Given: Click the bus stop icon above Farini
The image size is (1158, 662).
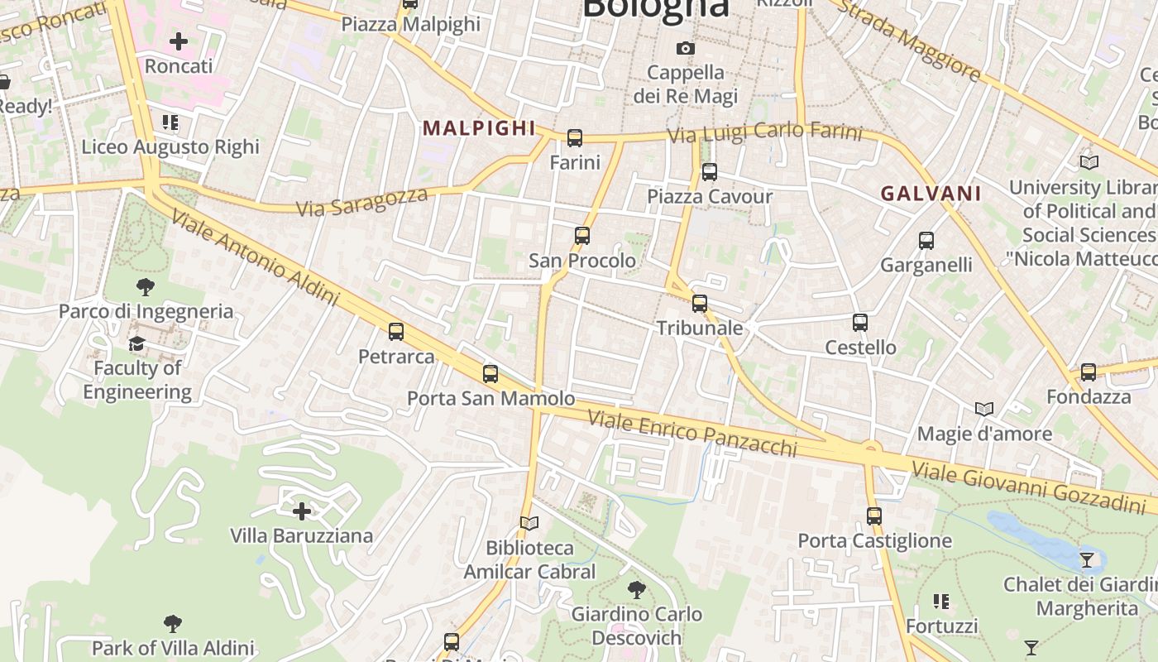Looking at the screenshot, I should point(575,138).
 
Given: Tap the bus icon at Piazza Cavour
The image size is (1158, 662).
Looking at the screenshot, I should point(709,172).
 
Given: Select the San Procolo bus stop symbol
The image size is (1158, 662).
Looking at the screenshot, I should point(582,236).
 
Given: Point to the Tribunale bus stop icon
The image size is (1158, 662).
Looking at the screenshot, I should point(700,304).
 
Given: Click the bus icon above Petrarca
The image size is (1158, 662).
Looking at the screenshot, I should point(396,332).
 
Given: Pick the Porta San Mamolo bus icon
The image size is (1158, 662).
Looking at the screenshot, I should point(490,374).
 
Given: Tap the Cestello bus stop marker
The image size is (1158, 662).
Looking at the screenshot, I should point(860,323).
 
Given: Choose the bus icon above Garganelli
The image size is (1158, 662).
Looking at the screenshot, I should point(926,241).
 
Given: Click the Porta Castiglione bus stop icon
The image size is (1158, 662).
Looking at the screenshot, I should point(874,516).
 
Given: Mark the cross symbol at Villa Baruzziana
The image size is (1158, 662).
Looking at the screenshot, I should point(302,511).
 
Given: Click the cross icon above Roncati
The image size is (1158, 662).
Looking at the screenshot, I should point(179,41).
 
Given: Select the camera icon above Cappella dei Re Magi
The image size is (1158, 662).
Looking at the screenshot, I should point(685,48).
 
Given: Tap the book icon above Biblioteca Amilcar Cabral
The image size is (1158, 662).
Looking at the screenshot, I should point(529,523).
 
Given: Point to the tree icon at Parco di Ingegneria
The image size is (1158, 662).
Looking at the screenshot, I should point(146,287).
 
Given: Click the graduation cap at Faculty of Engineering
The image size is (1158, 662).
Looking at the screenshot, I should point(137,343).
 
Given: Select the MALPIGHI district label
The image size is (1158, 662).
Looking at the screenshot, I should point(479,128).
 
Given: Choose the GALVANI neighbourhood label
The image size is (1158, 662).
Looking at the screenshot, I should point(931,194).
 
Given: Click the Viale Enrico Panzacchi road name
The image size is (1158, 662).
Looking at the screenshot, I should point(692,433).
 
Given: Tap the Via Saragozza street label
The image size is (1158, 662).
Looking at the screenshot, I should point(362,202).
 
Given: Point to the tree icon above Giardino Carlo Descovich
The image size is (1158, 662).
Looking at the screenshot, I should point(636,590).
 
